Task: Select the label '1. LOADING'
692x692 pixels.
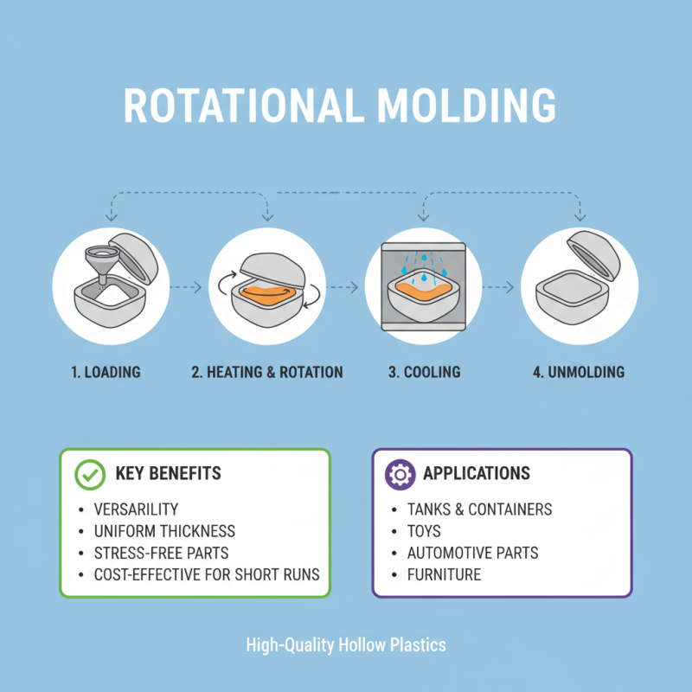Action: pos(106,373)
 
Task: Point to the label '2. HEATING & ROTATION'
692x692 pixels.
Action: pos(267,373)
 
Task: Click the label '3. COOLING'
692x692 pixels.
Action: pos(423,373)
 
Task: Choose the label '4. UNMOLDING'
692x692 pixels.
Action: pos(578,373)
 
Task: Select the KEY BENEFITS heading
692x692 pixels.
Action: pos(168,474)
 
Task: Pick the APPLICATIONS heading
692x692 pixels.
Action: pos(477,474)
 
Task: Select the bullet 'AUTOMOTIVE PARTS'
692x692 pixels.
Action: pos(472,553)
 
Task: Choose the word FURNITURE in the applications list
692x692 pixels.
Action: pos(444,574)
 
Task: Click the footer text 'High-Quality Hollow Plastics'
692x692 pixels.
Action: pos(346,645)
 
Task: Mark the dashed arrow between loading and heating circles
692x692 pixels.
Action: pos(189,286)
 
